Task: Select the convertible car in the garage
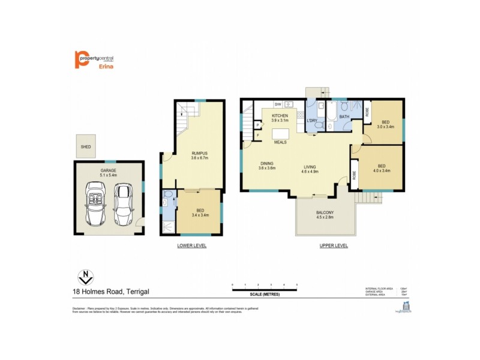click(97, 203)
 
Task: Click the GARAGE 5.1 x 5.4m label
click(109, 173)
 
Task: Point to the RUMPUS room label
click(191, 154)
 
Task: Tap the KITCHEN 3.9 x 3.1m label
click(280, 118)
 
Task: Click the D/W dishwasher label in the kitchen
click(278, 104)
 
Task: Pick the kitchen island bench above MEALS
click(280, 133)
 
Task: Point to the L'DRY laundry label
click(312, 121)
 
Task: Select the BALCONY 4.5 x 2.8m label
click(325, 216)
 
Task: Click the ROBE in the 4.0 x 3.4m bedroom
click(355, 175)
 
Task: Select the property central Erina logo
click(94, 60)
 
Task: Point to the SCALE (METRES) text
click(265, 294)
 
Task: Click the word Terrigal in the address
click(137, 292)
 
